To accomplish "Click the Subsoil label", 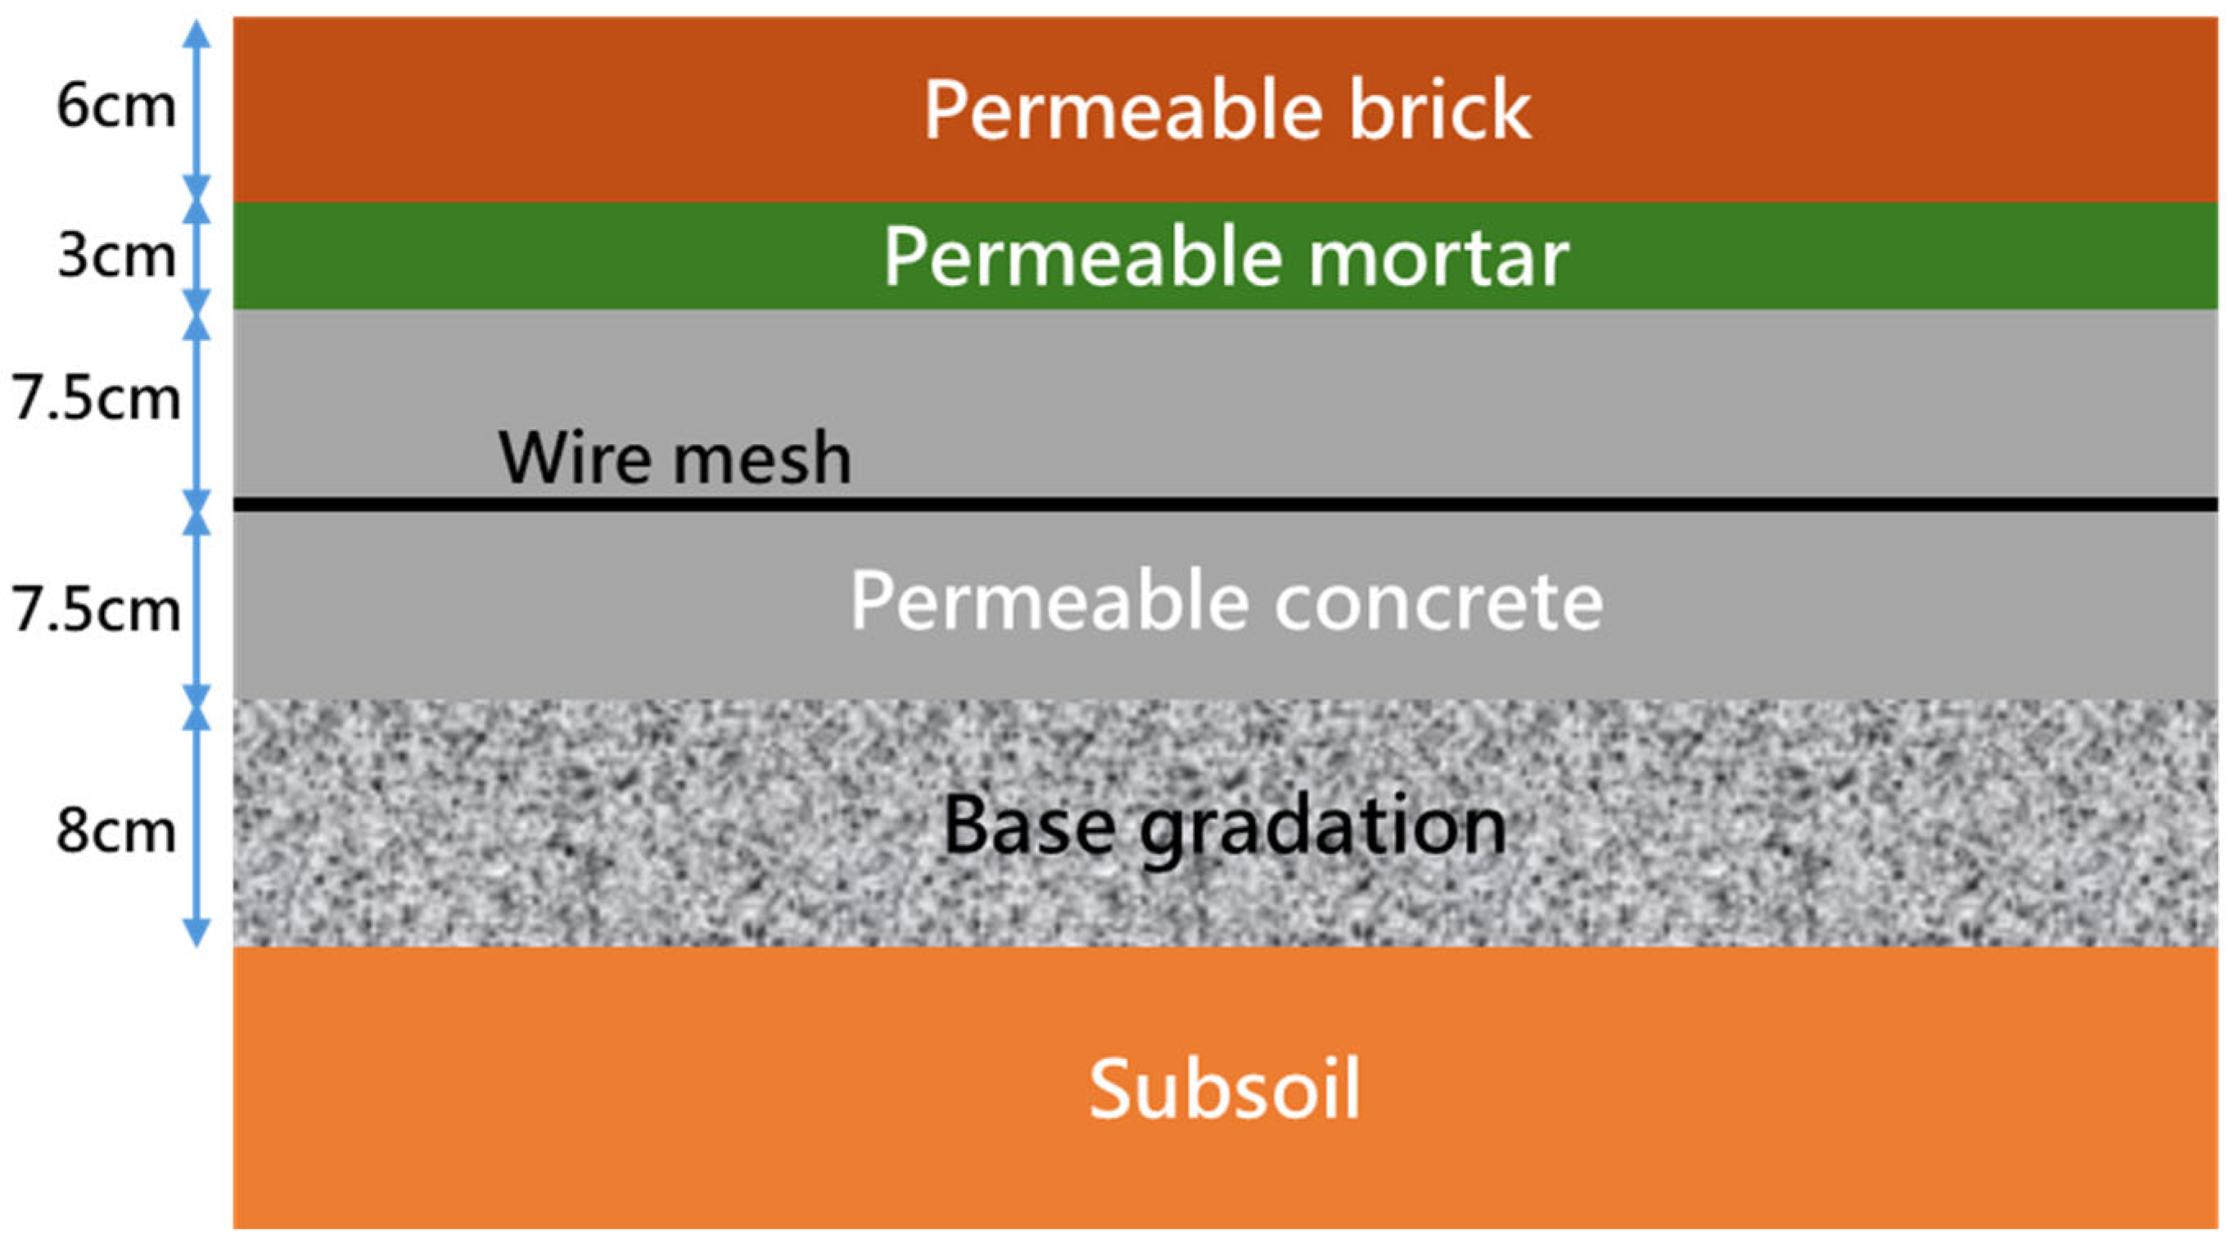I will click(1225, 1088).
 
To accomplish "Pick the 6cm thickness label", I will click(115, 106).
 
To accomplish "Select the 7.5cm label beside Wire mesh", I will click(96, 399).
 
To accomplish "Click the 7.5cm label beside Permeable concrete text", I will click(96, 609).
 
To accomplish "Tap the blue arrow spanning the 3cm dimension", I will click(198, 256).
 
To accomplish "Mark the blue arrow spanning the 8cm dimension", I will click(198, 824).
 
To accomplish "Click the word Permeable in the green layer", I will click(1084, 258).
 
